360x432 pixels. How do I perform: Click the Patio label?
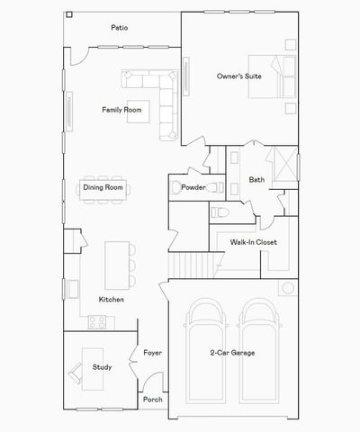pos(119,28)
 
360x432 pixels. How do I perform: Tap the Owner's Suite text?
pos(238,76)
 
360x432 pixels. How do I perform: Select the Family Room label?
pos(121,110)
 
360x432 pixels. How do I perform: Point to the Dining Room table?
pos(103,188)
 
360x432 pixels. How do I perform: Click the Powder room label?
pos(193,187)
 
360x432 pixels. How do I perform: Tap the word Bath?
pos(256,180)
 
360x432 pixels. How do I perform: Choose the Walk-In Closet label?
pos(253,242)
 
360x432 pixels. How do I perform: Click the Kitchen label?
pos(112,299)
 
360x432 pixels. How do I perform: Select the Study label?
pos(101,366)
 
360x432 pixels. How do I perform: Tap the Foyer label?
pos(152,353)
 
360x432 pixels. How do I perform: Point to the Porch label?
pos(152,399)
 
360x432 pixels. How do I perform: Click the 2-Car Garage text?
pos(232,353)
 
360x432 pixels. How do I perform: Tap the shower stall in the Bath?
pos(284,166)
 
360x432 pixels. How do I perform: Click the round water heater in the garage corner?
pos(289,289)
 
